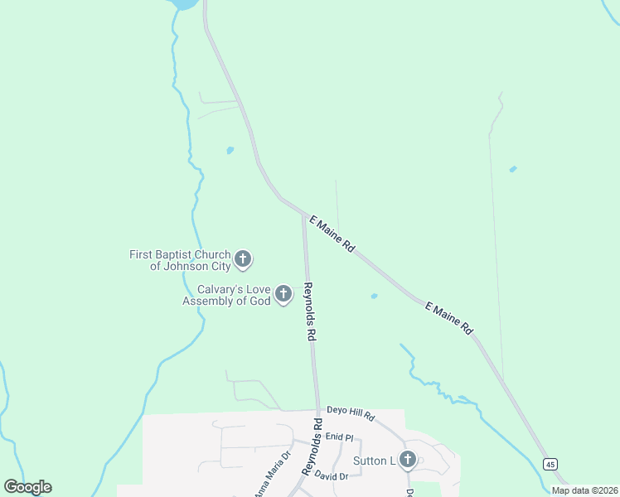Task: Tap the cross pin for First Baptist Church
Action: point(243,259)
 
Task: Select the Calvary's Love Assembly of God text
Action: point(228,295)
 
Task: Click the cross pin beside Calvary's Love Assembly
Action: point(283,293)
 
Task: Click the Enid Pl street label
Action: point(340,436)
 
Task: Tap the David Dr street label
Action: point(332,476)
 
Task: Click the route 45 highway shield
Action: point(550,464)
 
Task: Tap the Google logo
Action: point(27,487)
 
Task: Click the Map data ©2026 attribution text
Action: point(584,490)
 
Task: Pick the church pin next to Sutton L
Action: point(407,460)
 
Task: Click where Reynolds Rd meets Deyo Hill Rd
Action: point(317,410)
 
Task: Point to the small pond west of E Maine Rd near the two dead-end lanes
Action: point(230,151)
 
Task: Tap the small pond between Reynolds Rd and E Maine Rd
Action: point(374,296)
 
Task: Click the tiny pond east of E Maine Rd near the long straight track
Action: point(512,169)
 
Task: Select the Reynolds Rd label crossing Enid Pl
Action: point(311,447)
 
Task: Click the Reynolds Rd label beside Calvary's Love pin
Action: point(310,313)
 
